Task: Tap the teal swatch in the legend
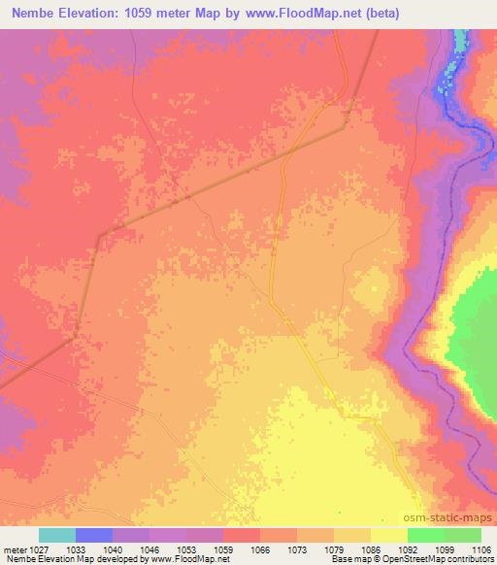click(57, 535)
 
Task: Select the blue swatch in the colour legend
click(94, 535)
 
